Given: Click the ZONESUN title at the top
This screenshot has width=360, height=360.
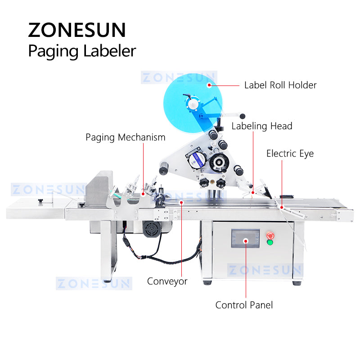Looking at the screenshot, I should (77, 30).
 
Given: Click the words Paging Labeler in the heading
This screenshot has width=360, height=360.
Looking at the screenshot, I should (81, 51).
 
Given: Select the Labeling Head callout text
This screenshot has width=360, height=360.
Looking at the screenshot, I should (262, 126).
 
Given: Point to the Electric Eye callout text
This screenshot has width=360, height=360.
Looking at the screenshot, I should (290, 153).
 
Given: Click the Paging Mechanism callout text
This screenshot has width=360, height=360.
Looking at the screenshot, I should (126, 137).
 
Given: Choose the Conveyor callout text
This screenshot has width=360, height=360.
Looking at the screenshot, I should (167, 282).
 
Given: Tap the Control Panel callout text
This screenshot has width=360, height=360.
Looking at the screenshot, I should (244, 305).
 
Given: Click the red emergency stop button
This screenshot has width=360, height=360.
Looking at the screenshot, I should (270, 235).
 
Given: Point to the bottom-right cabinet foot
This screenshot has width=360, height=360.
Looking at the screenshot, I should (297, 282).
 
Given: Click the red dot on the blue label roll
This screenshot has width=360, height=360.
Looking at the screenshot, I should (209, 85).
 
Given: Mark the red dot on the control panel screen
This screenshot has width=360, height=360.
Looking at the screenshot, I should (245, 240).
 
